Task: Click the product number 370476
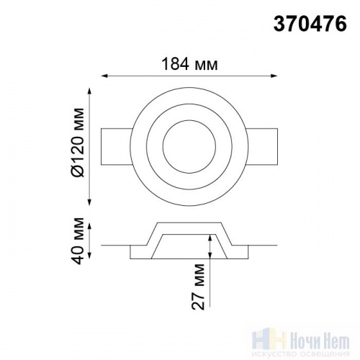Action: (x=310, y=24)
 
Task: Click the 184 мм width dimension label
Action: (x=190, y=64)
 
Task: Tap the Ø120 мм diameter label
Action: (x=78, y=143)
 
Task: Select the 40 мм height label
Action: (x=78, y=240)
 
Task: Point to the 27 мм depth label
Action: (x=198, y=287)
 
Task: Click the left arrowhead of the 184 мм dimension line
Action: (x=104, y=76)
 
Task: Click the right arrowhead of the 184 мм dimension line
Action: (x=274, y=76)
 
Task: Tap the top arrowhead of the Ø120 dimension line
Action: (x=89, y=91)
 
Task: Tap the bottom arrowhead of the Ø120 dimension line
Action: (x=89, y=202)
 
